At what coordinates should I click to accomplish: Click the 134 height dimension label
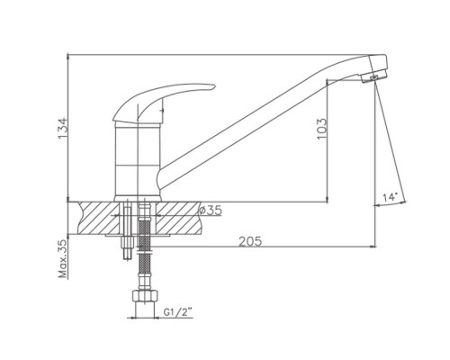pyautogui.click(x=62, y=129)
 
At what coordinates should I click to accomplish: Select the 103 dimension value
pyautogui.click(x=321, y=129)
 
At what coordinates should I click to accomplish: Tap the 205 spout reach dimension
pyautogui.click(x=250, y=241)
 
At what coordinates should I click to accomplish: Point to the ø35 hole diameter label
pyautogui.click(x=211, y=211)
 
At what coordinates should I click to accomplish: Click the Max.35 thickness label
pyautogui.click(x=63, y=259)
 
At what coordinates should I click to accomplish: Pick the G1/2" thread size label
pyautogui.click(x=178, y=312)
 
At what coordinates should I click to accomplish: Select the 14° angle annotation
pyautogui.click(x=390, y=197)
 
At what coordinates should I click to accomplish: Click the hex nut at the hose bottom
pyautogui.click(x=145, y=296)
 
